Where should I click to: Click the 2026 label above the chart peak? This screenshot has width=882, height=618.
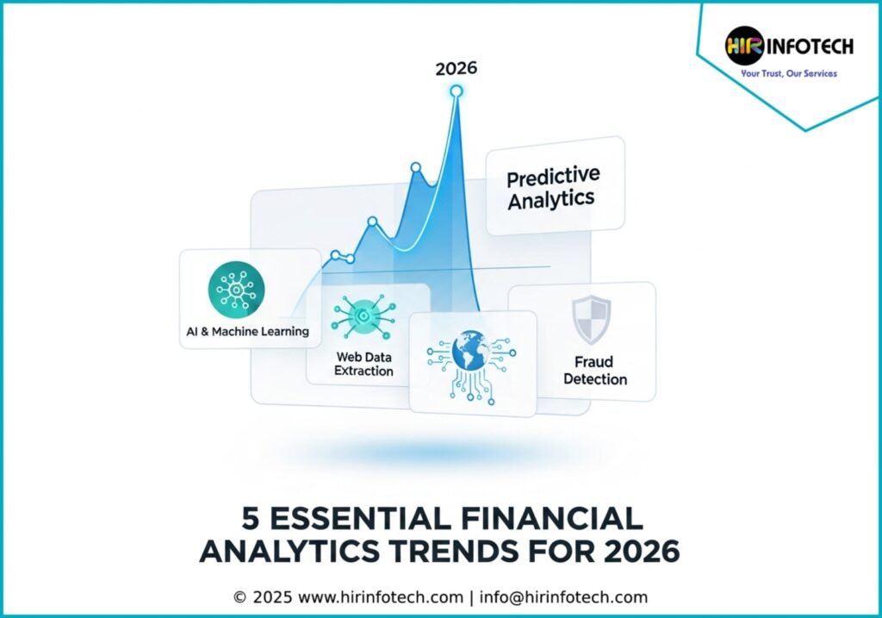coord(457,69)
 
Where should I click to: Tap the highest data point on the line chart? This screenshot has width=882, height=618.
coord(457,91)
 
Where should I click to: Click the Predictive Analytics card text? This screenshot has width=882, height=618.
coord(553,188)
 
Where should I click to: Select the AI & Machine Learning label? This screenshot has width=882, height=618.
coord(247,332)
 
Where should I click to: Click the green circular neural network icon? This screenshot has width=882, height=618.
coord(236,290)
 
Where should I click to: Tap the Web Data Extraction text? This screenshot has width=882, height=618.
coord(364,364)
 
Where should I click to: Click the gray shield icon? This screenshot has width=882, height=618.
coord(591,320)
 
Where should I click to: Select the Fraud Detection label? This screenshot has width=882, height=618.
coord(595,371)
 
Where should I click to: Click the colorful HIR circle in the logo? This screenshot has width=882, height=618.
coord(744,47)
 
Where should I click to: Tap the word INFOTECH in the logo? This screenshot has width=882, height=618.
coord(810,47)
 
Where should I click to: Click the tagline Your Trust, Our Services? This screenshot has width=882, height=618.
coord(789,73)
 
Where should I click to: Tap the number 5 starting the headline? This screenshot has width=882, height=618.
coord(251,518)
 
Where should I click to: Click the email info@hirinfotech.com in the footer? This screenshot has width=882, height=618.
coord(563,597)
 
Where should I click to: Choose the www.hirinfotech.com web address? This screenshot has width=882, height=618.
coord(381,597)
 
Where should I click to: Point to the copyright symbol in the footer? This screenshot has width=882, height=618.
coord(240,597)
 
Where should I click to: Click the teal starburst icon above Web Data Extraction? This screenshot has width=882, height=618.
coord(363,317)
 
